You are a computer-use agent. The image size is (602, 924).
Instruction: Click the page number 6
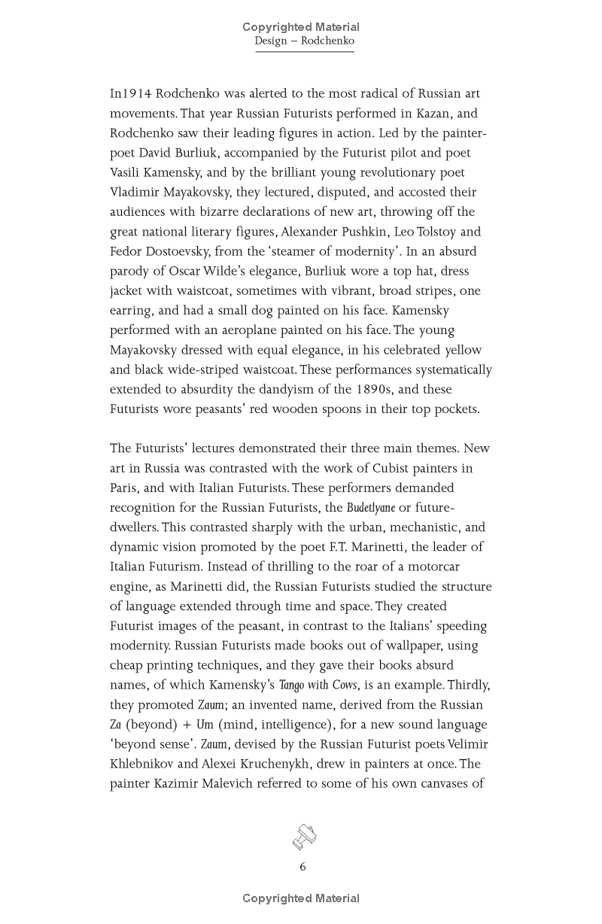(x=303, y=867)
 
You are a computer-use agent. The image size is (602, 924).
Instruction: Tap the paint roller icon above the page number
(x=304, y=837)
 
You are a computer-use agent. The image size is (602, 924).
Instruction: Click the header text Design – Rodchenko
(x=304, y=41)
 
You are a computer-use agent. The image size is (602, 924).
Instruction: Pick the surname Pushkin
(x=361, y=232)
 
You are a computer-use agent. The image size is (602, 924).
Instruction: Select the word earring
(x=134, y=311)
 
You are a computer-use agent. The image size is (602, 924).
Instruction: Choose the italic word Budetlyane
(x=370, y=508)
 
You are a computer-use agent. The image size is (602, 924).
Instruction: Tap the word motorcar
(x=429, y=567)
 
